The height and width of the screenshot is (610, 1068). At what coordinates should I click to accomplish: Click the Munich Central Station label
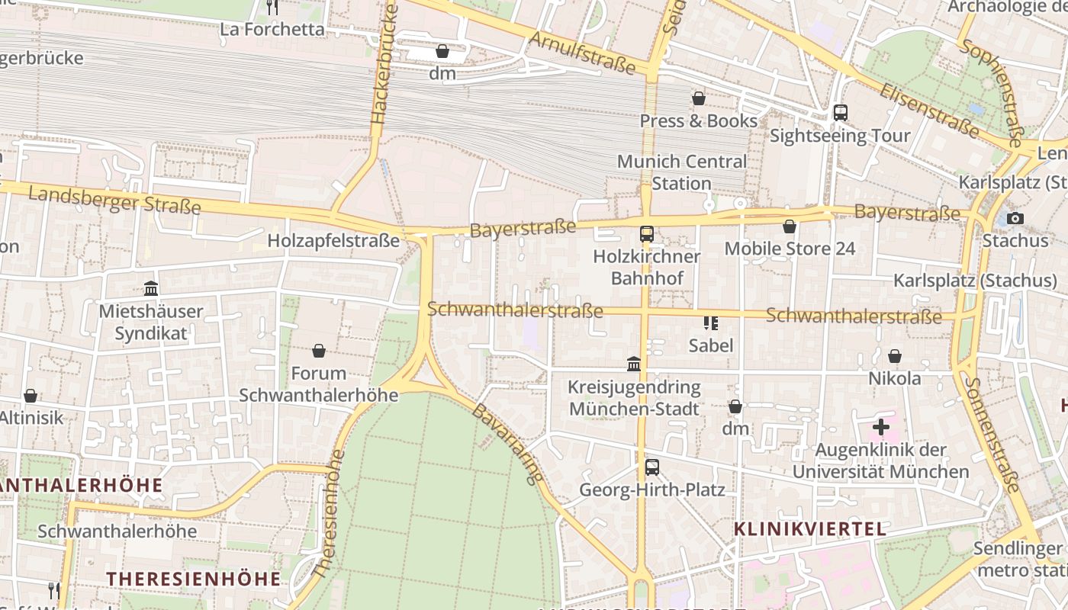681,172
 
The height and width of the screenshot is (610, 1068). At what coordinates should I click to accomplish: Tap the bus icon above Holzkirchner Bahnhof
646,234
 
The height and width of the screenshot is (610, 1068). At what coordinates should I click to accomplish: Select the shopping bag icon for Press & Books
698,98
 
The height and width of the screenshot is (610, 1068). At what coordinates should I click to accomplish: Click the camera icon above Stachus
1015,219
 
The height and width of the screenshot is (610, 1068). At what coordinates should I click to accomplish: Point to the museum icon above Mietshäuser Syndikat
151,289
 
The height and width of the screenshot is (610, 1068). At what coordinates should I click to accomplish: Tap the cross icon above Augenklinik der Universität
880,427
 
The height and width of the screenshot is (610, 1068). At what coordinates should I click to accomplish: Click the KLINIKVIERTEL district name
809,528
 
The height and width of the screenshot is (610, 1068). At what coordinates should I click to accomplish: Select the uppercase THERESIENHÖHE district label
193,578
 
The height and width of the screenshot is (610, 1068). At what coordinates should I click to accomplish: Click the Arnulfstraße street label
582,53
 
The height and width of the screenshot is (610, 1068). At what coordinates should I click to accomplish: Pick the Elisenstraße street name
928,111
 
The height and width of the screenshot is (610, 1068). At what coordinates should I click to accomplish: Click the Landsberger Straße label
114,200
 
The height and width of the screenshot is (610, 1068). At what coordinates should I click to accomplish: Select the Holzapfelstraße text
333,241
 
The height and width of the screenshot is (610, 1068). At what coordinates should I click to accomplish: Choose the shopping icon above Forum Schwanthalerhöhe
319,351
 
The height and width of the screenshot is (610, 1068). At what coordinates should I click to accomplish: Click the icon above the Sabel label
710,323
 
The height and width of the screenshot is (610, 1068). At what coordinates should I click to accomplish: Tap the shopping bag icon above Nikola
894,356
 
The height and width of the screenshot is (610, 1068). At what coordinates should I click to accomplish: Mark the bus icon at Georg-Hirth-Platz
651,467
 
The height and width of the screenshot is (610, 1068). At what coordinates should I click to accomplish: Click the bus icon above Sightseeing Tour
840,113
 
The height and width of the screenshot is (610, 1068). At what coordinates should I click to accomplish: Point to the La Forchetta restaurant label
272,29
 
